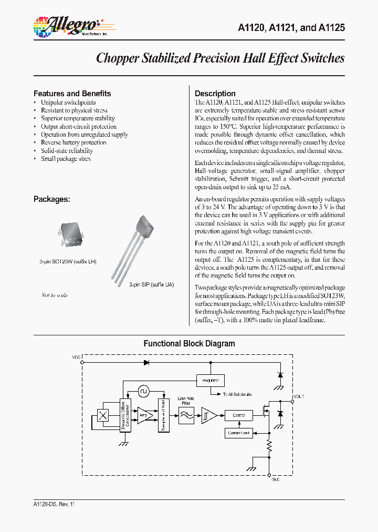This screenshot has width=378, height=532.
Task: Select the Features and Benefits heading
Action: [72, 94]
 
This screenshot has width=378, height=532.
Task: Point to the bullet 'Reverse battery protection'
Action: [73, 142]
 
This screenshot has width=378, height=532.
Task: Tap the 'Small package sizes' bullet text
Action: [66, 159]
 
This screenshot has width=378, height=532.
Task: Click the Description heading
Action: [215, 94]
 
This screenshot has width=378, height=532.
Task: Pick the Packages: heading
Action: [52, 199]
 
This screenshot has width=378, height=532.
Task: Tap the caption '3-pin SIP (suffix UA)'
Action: [152, 284]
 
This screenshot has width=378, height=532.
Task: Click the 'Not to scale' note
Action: [55, 295]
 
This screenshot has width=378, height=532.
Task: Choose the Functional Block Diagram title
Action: [189, 344]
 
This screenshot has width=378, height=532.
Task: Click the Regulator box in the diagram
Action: [210, 380]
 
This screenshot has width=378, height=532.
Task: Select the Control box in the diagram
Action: [238, 415]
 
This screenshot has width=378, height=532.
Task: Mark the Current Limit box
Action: [238, 433]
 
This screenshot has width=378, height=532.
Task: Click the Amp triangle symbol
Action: [144, 415]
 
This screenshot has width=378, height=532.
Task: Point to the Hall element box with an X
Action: [103, 415]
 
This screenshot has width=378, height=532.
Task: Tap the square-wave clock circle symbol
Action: [144, 392]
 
